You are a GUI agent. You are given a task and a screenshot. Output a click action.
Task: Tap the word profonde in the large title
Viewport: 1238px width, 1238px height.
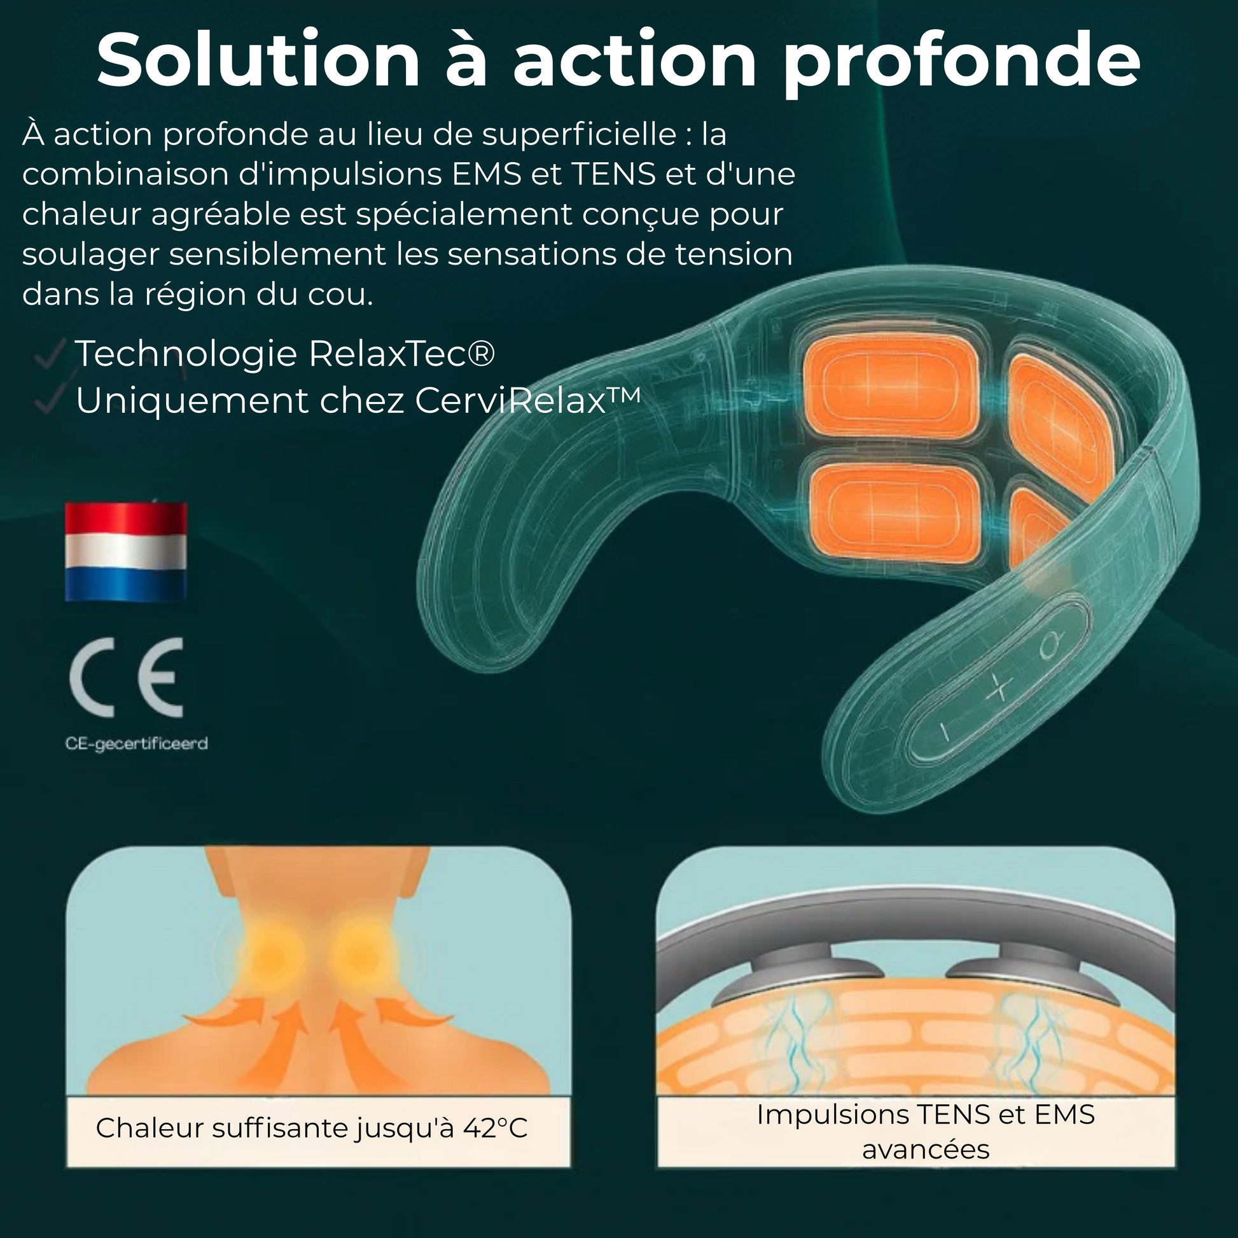point(962,64)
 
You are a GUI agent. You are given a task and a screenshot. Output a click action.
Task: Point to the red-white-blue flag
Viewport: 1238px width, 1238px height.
point(126,552)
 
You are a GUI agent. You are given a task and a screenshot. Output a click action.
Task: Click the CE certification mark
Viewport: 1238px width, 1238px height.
point(126,678)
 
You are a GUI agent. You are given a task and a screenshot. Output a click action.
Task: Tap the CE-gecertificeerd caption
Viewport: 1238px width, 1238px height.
point(137,743)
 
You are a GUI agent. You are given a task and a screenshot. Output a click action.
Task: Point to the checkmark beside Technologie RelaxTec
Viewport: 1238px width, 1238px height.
point(50,354)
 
